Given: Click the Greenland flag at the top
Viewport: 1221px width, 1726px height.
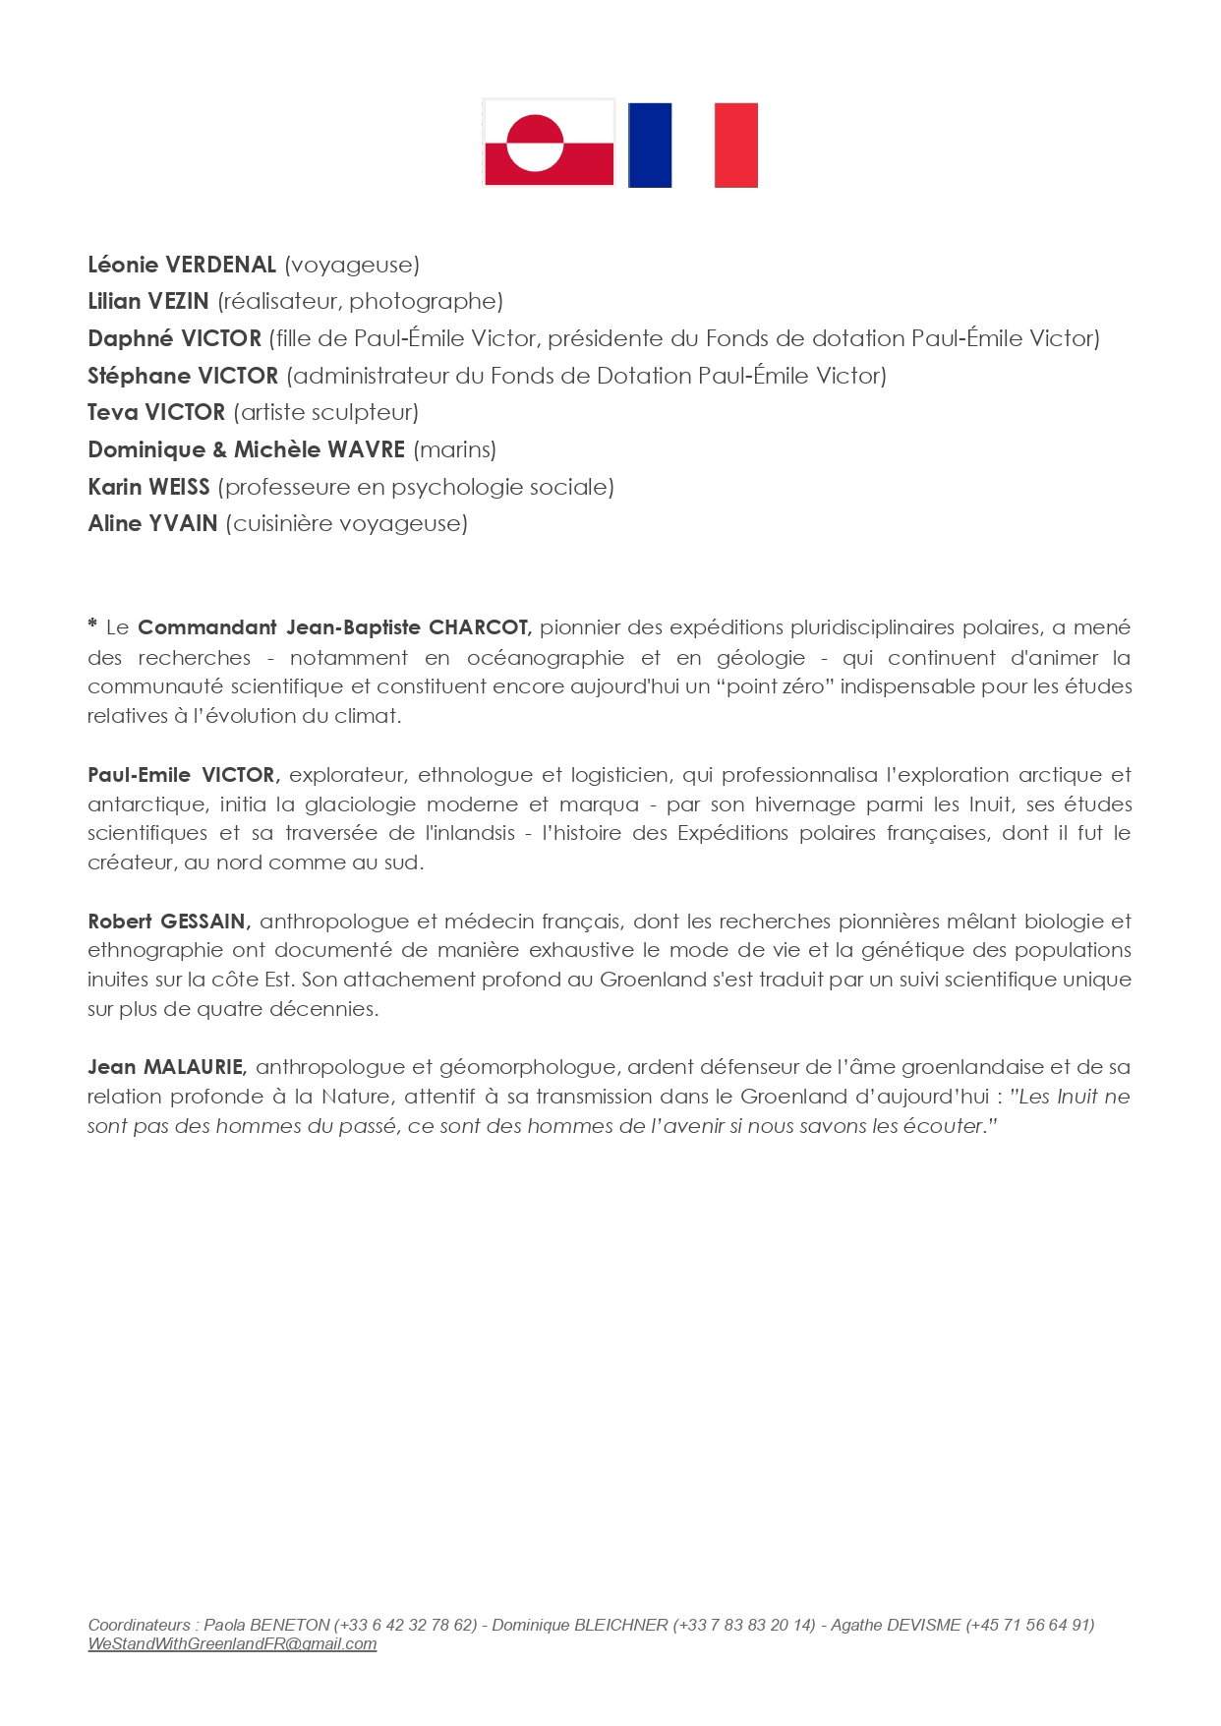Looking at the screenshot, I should click(x=549, y=143).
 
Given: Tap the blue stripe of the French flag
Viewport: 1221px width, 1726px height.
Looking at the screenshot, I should click(x=649, y=145).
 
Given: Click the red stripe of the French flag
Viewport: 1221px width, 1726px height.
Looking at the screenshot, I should click(x=735, y=145).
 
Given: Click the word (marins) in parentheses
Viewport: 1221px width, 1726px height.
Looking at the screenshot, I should click(x=454, y=449).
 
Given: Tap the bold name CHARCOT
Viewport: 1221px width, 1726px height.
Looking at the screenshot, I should click(x=480, y=627).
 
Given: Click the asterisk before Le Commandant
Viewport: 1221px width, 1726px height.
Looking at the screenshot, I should click(x=92, y=625).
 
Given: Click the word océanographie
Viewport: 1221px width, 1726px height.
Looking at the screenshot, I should click(x=546, y=657).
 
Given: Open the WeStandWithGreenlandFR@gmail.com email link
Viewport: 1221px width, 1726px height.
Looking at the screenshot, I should click(x=232, y=1643).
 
